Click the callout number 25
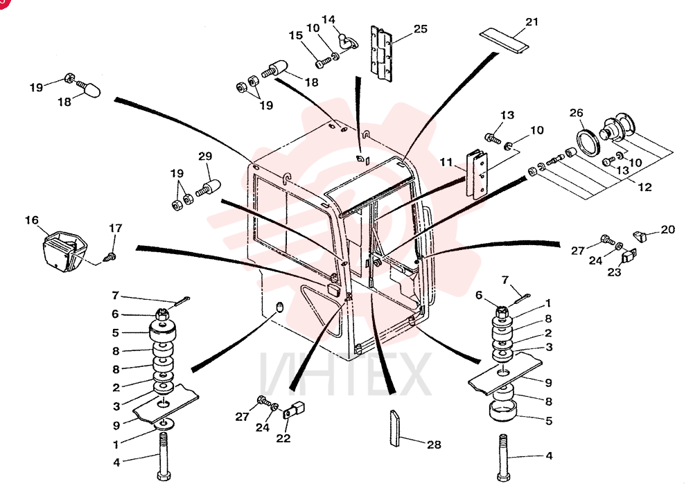click(x=421, y=28)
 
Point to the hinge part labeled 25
click(x=381, y=54)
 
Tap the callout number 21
click(x=532, y=21)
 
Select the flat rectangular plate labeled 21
click(x=505, y=41)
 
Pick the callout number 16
click(x=31, y=220)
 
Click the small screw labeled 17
click(x=109, y=256)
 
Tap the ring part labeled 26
click(x=588, y=142)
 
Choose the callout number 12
click(x=644, y=187)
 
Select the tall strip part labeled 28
click(x=394, y=428)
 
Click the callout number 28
click(x=434, y=445)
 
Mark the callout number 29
click(x=205, y=156)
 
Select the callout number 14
click(x=328, y=19)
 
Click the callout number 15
click(x=296, y=35)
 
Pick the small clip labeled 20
click(x=640, y=235)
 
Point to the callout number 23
click(x=614, y=272)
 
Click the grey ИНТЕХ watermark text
click(x=344, y=374)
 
